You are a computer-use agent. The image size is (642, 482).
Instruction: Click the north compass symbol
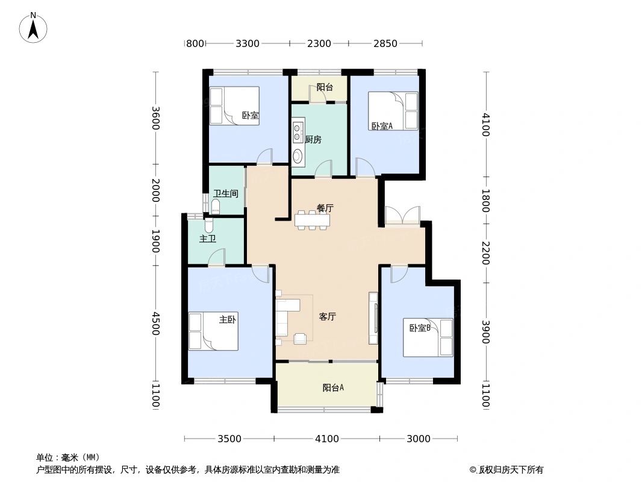click(34, 27)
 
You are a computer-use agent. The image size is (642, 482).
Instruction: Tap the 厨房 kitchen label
click(313, 140)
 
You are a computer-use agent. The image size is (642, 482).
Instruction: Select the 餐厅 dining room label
click(325, 208)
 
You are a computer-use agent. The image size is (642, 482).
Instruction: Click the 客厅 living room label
click(327, 316)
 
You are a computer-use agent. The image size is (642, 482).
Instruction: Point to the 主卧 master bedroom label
click(227, 320)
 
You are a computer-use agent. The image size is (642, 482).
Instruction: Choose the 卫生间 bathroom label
click(226, 194)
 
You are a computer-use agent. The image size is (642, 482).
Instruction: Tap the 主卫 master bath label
click(207, 239)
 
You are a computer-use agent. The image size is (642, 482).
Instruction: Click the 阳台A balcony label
click(333, 388)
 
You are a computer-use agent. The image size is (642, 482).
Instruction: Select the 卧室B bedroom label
click(420, 328)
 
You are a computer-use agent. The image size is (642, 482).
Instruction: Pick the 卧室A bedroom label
click(382, 126)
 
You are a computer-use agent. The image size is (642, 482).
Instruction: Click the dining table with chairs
click(313, 221)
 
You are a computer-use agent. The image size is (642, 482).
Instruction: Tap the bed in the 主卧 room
click(213, 331)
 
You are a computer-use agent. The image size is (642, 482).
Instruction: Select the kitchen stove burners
click(298, 133)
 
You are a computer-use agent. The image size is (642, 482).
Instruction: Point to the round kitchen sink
click(298, 157)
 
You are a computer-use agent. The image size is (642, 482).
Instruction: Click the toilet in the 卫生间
click(216, 207)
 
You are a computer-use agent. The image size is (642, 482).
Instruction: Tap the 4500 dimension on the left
click(156, 324)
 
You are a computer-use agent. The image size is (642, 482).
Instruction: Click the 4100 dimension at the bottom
click(327, 439)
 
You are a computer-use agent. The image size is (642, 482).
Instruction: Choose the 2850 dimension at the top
click(385, 43)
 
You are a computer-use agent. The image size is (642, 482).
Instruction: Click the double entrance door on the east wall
click(402, 216)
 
